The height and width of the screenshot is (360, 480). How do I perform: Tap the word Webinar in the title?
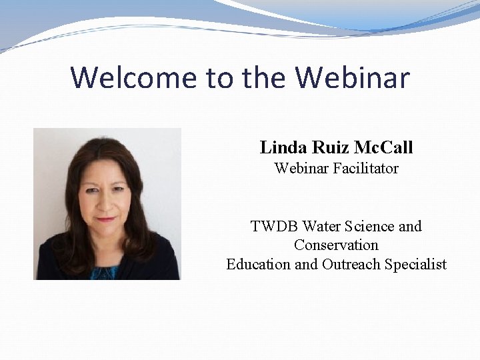coord(353,77)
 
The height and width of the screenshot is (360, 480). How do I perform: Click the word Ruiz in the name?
coord(327,147)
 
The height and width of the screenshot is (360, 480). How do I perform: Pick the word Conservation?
coord(336,245)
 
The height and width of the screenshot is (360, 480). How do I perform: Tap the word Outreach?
coord(351,265)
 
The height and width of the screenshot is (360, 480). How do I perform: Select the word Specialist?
coord(415,265)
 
